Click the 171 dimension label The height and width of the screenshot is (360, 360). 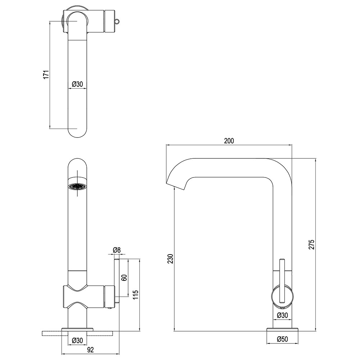pyautogui.click(x=46, y=75)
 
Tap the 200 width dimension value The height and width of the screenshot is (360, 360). pyautogui.click(x=229, y=141)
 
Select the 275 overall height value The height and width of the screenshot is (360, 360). pyautogui.click(x=311, y=244)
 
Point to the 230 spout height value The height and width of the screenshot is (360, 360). pyautogui.click(x=170, y=258)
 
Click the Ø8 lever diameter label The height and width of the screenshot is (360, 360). pyautogui.click(x=117, y=250)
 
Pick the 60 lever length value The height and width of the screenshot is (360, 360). pyautogui.click(x=124, y=278)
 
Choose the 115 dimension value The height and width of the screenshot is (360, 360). pyautogui.click(x=136, y=296)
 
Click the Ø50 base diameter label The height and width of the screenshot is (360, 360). pyautogui.click(x=282, y=339)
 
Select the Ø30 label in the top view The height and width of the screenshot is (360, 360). pyautogui.click(x=77, y=84)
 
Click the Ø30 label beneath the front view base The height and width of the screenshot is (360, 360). pyautogui.click(x=77, y=340)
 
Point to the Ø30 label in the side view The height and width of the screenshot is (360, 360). pyautogui.click(x=282, y=315)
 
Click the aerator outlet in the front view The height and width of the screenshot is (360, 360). pyautogui.click(x=77, y=186)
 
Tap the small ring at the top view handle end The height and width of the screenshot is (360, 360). pyautogui.click(x=117, y=21)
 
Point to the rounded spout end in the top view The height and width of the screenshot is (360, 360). pyautogui.click(x=77, y=133)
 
